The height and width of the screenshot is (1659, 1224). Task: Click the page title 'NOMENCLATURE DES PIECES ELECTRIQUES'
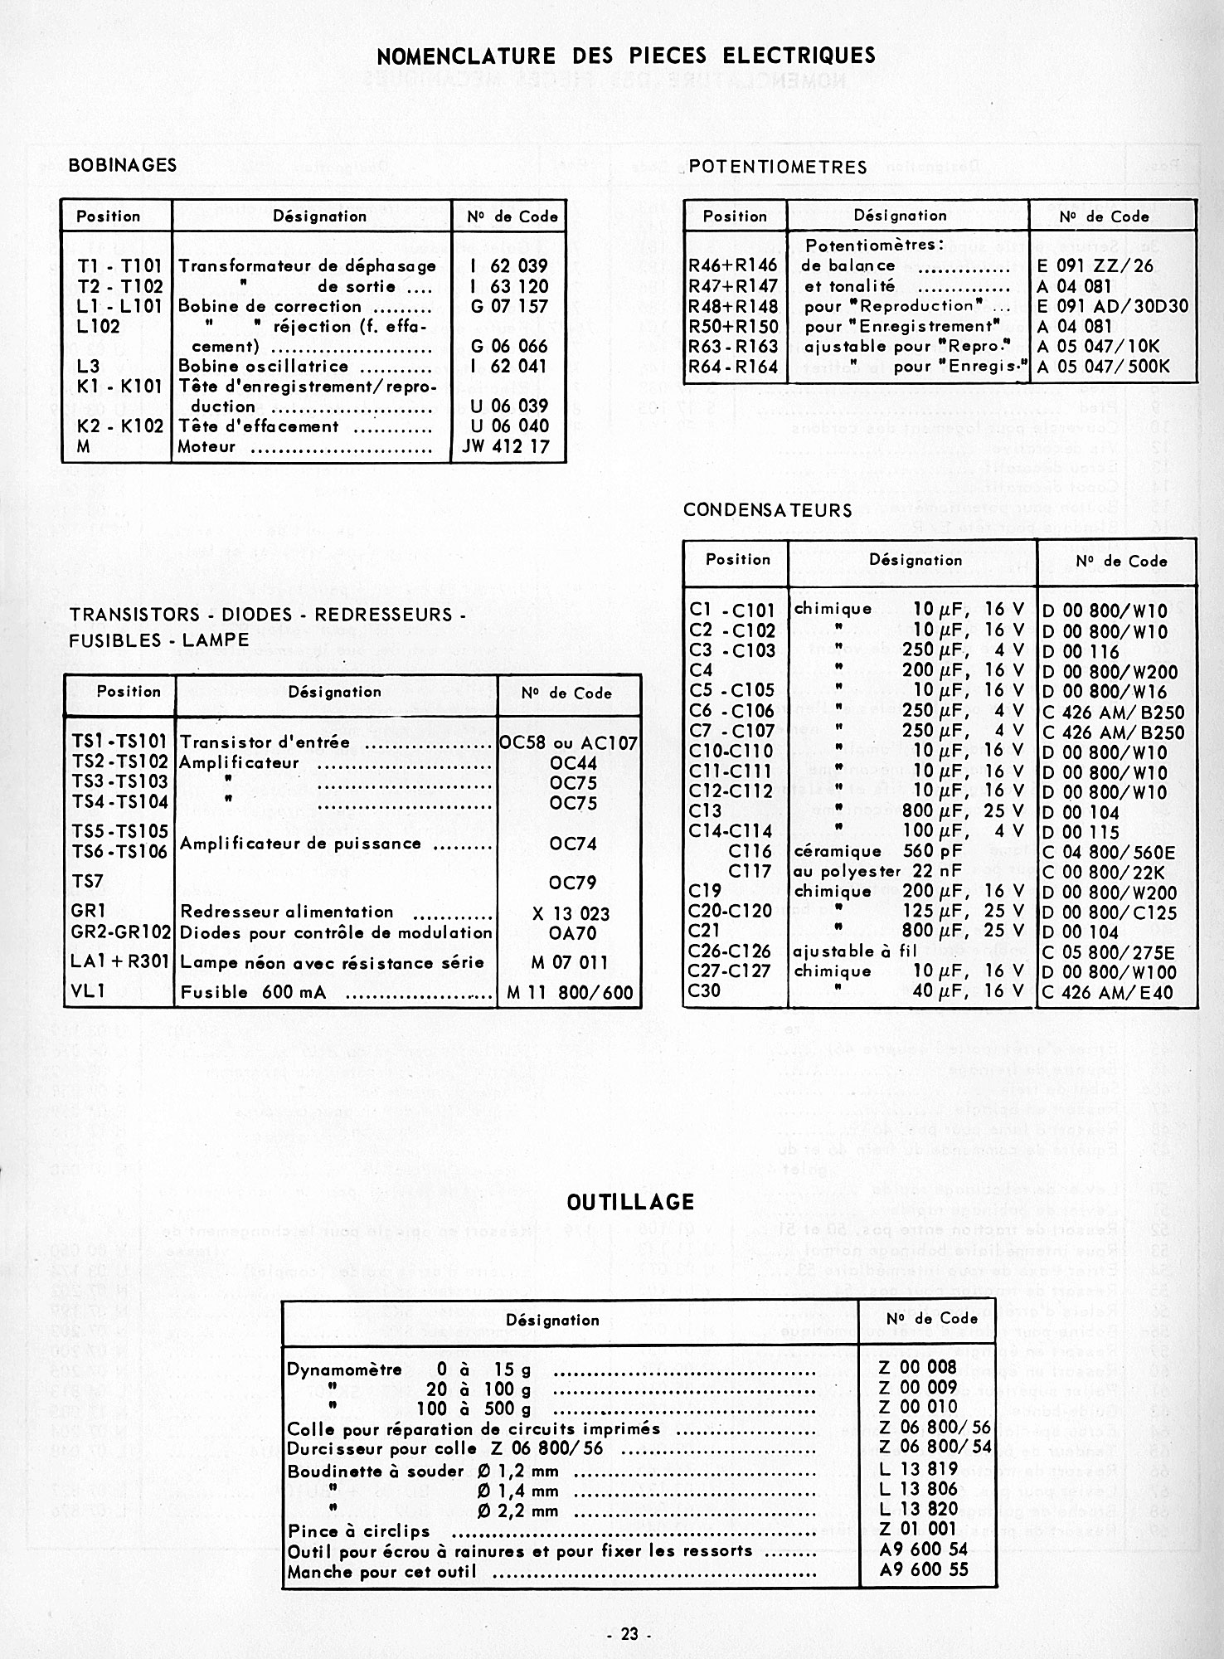[625, 56]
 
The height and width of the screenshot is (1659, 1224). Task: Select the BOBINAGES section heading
[122, 164]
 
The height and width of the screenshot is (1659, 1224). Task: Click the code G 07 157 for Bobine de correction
[508, 306]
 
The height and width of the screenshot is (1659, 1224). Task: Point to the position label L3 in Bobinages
[88, 366]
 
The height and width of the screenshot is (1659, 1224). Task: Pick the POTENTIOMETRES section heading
[778, 167]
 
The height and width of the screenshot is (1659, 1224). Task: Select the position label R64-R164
[733, 367]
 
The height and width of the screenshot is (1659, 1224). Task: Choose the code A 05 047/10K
[1098, 347]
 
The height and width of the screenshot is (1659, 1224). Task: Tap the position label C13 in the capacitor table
[705, 811]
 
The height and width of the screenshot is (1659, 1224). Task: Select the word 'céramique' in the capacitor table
[827, 851]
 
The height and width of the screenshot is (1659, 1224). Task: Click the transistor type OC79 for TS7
[572, 883]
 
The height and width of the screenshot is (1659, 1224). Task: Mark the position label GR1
[88, 912]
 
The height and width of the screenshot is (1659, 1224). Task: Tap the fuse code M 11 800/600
[570, 992]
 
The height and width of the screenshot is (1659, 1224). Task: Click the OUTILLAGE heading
[630, 1202]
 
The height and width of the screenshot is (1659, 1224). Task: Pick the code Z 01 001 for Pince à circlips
[917, 1528]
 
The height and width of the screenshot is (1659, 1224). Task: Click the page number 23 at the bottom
[629, 1634]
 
